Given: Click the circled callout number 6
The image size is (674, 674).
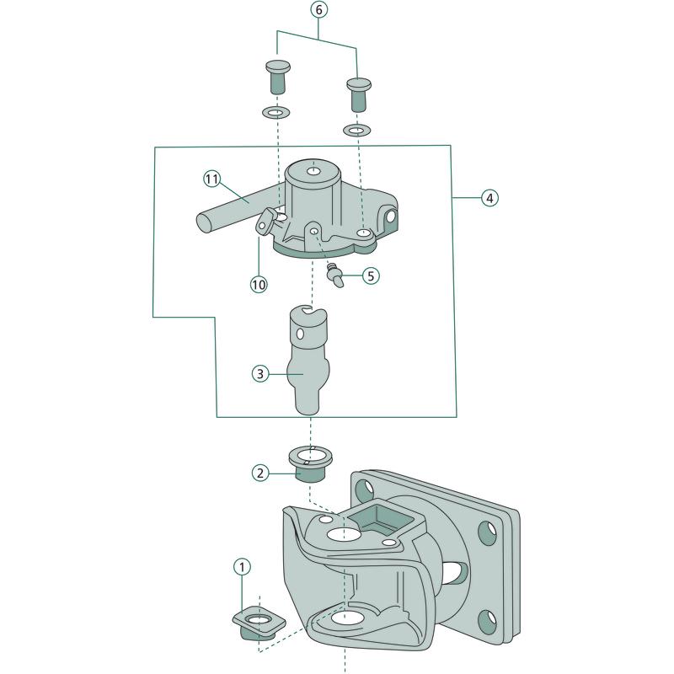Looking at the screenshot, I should [x=319, y=10].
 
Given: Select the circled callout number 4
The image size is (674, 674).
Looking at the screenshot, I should [x=489, y=198].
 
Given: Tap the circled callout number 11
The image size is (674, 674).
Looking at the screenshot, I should [x=211, y=178].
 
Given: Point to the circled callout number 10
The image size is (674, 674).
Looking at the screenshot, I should [x=259, y=284].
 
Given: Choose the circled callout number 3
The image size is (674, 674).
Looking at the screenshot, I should [x=261, y=372].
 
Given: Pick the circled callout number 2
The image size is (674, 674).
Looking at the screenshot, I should [x=261, y=473].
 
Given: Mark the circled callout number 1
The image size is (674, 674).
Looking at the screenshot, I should [x=242, y=567].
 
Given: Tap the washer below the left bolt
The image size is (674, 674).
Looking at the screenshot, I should [x=276, y=112].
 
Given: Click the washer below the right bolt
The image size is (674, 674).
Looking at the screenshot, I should [x=356, y=130].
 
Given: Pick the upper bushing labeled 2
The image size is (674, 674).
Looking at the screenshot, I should [x=309, y=464].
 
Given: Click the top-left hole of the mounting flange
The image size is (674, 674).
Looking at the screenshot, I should [x=365, y=488].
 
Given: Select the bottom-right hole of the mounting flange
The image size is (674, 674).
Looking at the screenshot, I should [x=486, y=622].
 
